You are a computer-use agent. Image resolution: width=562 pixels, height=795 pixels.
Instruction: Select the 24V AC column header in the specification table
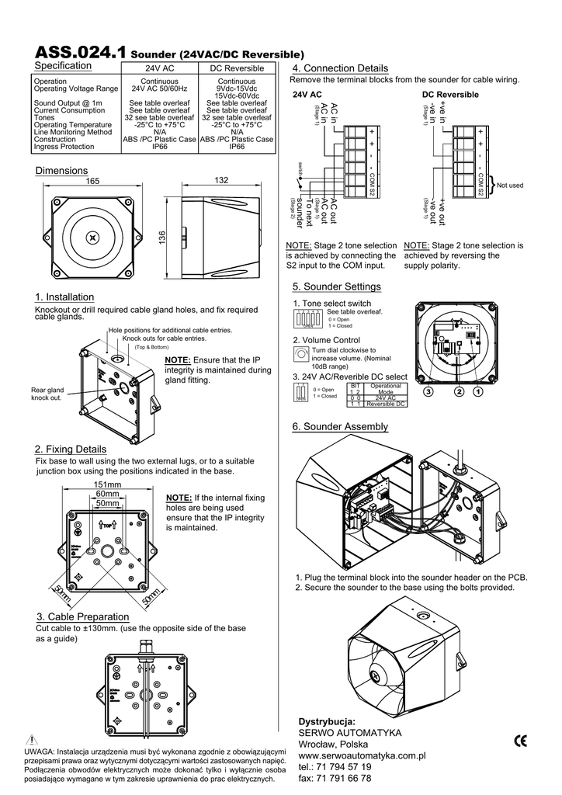pyautogui.click(x=159, y=69)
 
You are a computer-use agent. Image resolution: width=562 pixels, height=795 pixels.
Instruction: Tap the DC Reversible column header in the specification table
pyautogui.click(x=237, y=69)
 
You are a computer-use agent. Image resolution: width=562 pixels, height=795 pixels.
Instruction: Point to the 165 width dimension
pyautogui.click(x=92, y=181)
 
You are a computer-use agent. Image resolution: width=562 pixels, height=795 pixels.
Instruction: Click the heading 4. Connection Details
pyautogui.click(x=338, y=68)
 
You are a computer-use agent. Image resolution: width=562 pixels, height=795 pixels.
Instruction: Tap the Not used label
pyautogui.click(x=510, y=186)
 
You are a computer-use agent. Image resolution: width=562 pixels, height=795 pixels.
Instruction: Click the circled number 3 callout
pyautogui.click(x=426, y=392)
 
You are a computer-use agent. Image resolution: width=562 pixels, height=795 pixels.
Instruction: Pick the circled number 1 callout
pyautogui.click(x=477, y=392)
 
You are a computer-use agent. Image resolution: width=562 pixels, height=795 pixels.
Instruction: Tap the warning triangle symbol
pyautogui.click(x=31, y=738)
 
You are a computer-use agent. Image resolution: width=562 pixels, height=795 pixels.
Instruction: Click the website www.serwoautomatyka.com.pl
pyautogui.click(x=363, y=755)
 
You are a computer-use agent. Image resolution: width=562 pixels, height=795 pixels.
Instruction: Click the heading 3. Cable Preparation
pyautogui.click(x=82, y=616)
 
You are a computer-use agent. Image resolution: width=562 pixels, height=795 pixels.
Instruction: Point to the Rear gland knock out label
pyautogui.click(x=47, y=394)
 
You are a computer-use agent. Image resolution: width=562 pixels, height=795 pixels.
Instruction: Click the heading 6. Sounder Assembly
pyautogui.click(x=340, y=427)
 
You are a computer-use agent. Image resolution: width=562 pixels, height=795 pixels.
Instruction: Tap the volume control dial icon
pyautogui.click(x=301, y=353)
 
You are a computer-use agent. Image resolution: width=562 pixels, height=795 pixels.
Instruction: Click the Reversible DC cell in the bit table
pyautogui.click(x=386, y=404)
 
